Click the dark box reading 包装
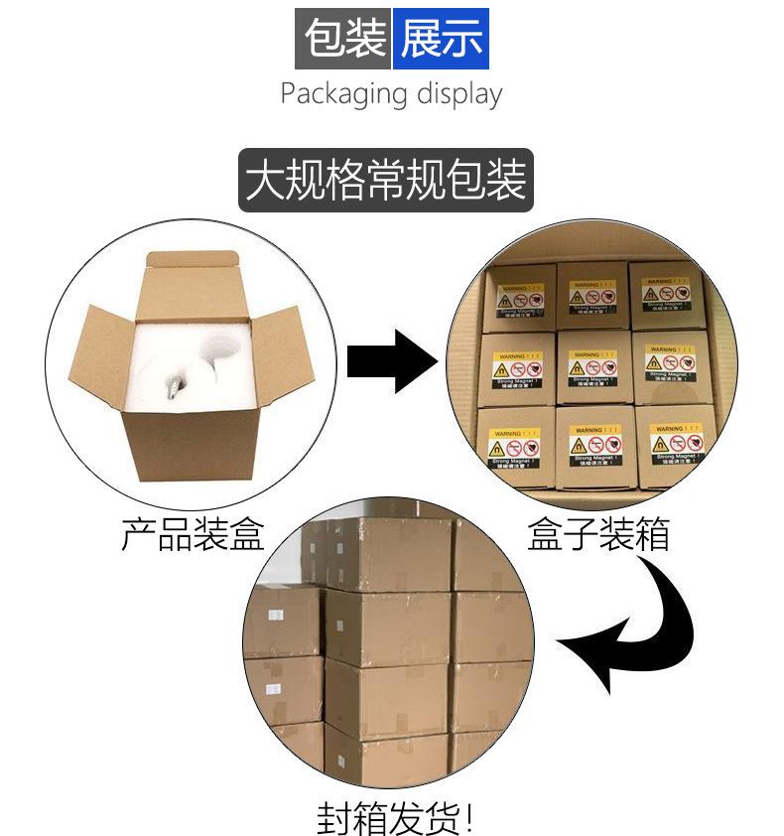tap(343, 39)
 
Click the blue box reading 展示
tap(440, 39)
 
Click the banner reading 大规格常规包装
tap(386, 181)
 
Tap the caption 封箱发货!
tap(395, 816)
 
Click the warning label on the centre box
tap(592, 368)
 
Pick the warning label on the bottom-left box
tap(515, 447)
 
